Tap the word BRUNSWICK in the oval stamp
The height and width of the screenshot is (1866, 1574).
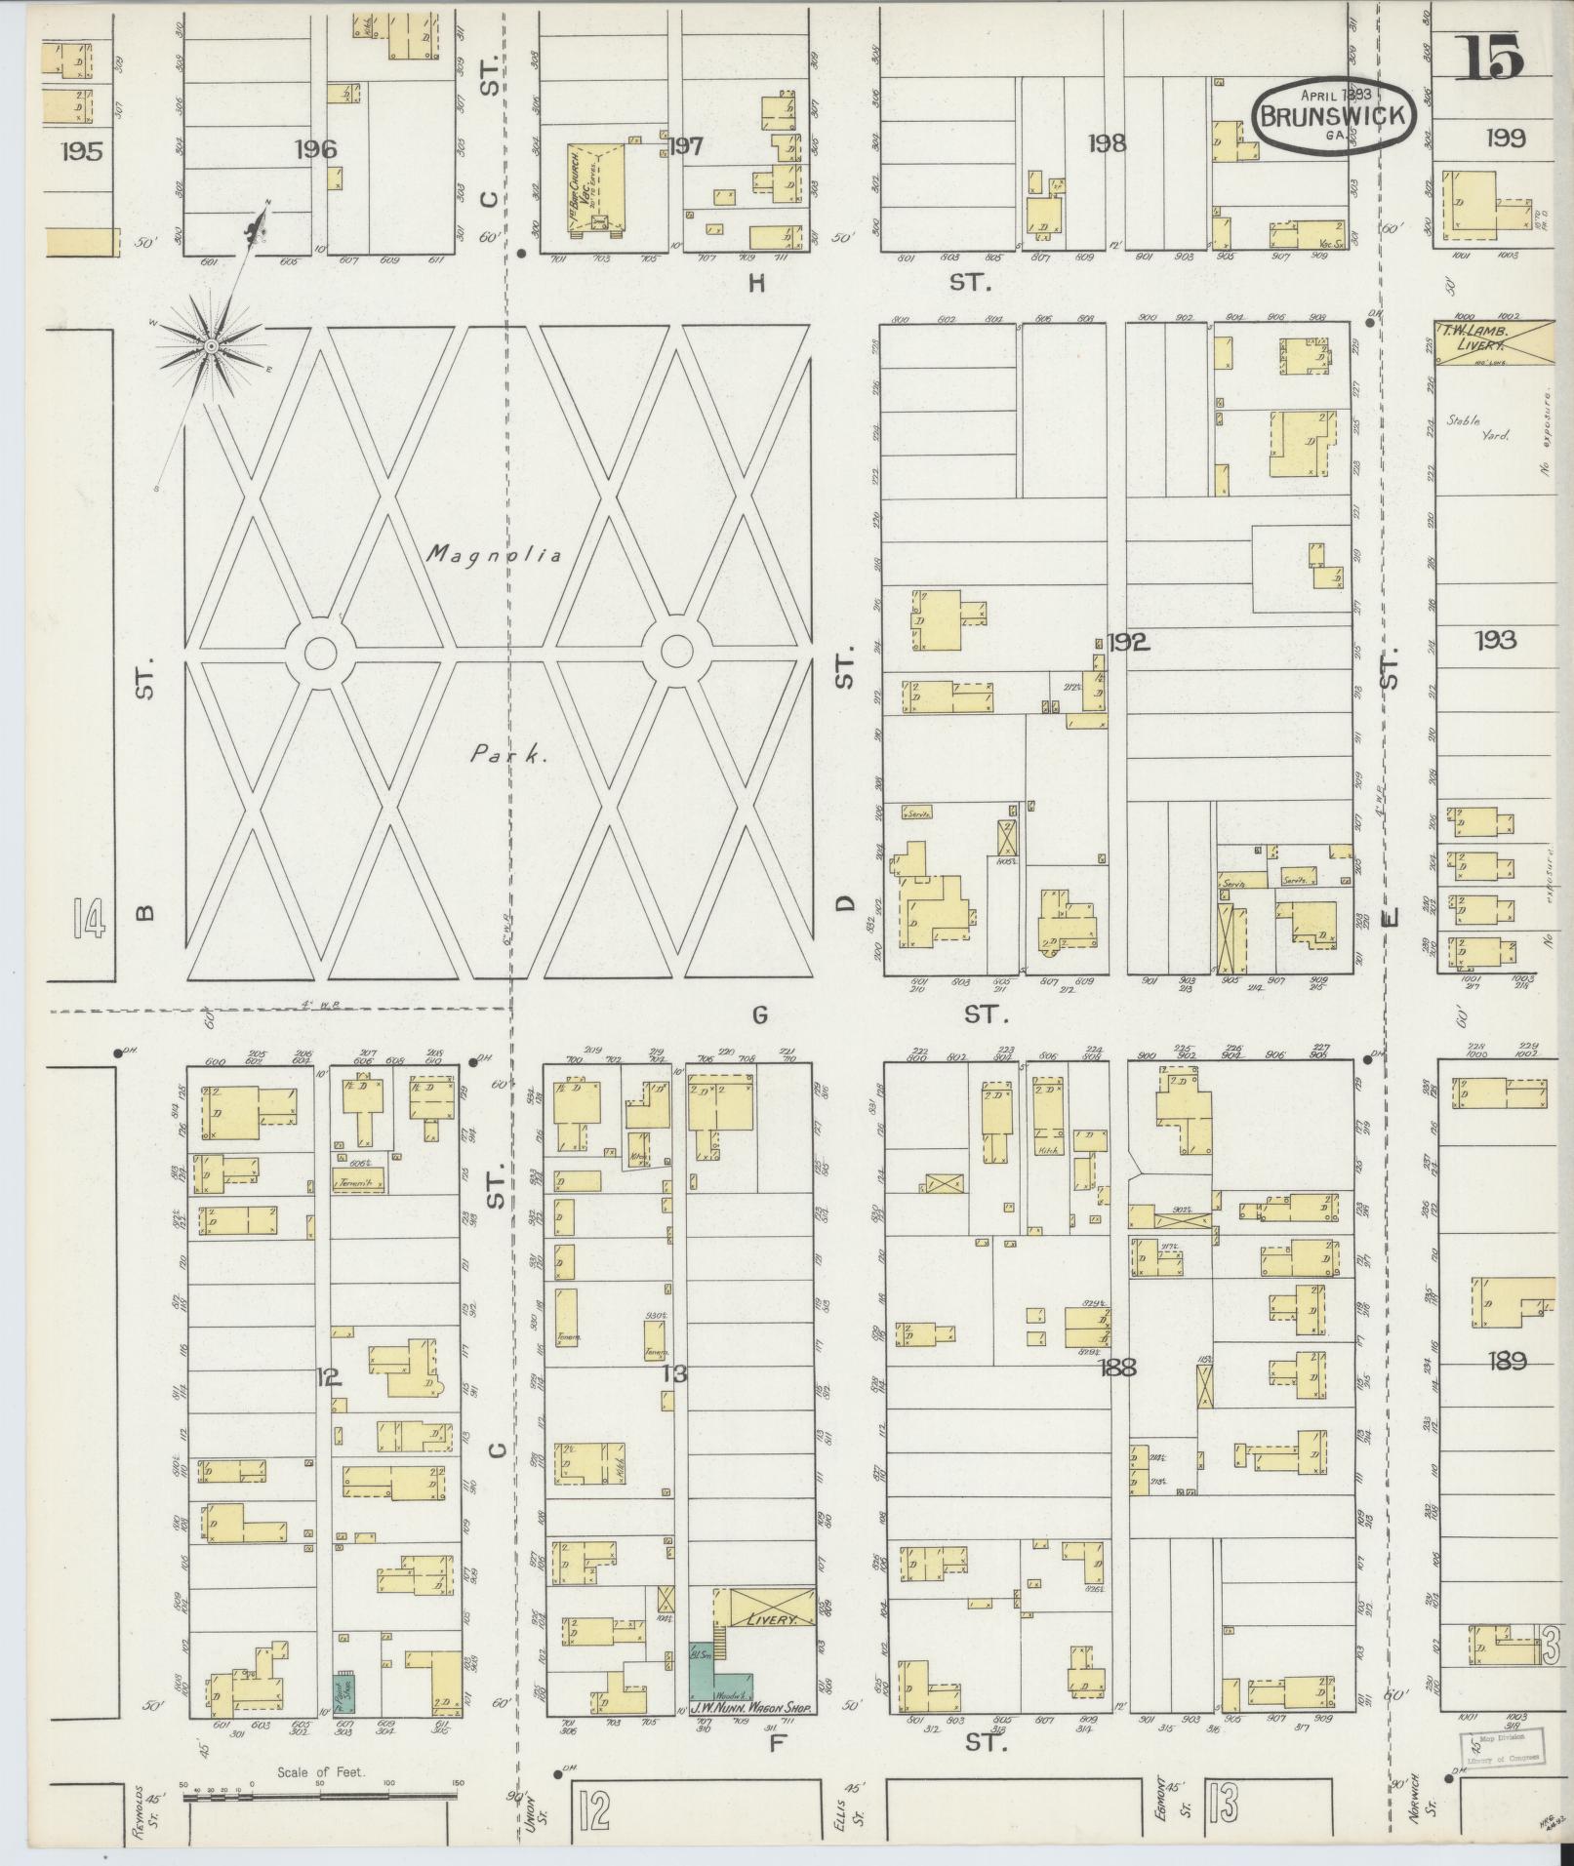[1332, 116]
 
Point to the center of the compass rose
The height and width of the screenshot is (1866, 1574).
[211, 345]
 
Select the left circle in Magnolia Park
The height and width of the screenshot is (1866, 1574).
[321, 652]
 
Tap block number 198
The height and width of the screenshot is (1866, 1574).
[1108, 143]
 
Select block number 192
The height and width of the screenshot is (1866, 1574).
[1129, 642]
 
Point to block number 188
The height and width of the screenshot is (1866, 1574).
[1116, 1368]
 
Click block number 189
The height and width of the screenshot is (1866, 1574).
[1506, 1361]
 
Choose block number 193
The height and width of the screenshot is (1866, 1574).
[1495, 640]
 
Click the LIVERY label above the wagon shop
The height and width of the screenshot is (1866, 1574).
[765, 1618]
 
